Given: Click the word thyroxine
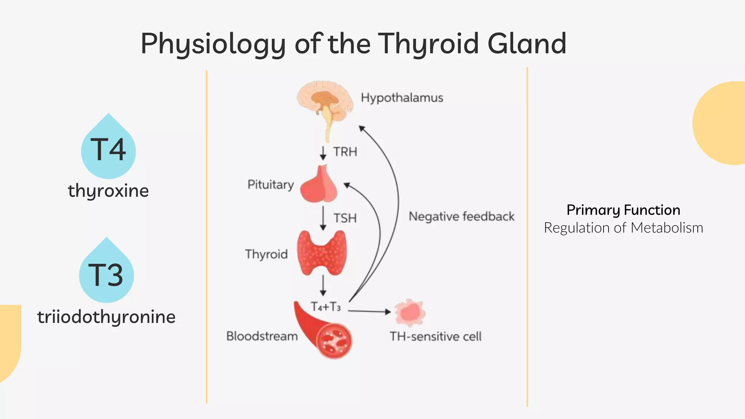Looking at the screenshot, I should [x=108, y=191].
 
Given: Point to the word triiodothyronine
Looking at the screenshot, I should [x=106, y=317].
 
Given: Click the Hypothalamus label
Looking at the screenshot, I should [x=402, y=97].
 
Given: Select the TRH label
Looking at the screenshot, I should [x=345, y=152].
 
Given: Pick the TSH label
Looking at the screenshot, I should [x=345, y=218].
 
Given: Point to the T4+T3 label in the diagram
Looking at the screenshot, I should [x=326, y=307].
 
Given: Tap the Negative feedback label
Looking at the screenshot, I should [x=461, y=216].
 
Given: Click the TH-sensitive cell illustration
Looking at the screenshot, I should [x=410, y=312].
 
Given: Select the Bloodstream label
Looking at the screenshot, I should [x=262, y=336].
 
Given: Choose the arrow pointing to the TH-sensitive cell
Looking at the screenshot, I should [x=369, y=311].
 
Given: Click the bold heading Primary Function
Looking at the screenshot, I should [x=623, y=210].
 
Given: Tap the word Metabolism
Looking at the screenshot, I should [x=666, y=228].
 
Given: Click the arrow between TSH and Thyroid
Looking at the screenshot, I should [x=323, y=218].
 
